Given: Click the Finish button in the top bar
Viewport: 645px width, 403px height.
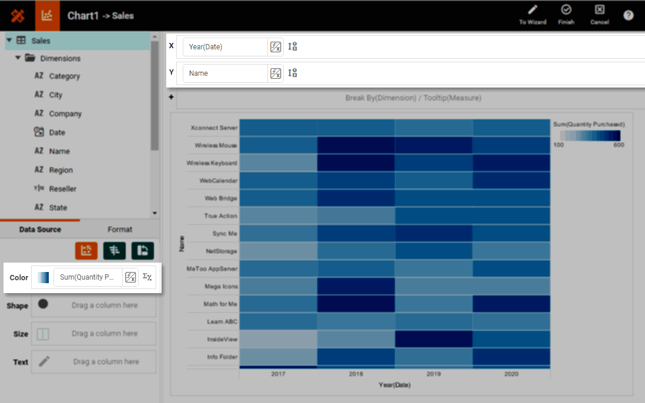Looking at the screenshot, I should (x=566, y=14).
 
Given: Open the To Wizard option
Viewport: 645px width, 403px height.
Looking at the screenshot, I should (x=532, y=14).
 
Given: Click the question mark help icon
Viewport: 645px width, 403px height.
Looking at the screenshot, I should (x=628, y=15).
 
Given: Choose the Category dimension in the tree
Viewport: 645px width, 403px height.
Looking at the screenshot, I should (x=64, y=76).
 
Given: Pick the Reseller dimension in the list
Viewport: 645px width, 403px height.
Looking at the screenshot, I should (x=62, y=189).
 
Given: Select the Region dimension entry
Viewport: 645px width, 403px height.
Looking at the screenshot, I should (x=61, y=170).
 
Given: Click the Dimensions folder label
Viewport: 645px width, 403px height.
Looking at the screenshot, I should (x=60, y=59).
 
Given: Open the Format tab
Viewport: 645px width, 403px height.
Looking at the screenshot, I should (x=120, y=230).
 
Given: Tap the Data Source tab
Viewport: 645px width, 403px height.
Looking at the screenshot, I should (x=40, y=230).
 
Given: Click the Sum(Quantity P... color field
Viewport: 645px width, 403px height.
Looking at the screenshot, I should (x=88, y=277).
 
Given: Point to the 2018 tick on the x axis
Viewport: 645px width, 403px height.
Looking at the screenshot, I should (x=356, y=374).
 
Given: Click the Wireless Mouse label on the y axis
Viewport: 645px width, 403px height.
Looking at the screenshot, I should (x=216, y=145).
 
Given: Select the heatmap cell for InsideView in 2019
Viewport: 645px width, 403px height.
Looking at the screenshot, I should (x=434, y=339).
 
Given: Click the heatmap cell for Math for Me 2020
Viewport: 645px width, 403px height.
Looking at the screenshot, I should (x=511, y=304).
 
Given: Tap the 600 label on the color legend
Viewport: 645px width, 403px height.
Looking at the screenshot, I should (x=619, y=145).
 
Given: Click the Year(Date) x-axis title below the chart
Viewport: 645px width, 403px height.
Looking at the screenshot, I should (x=395, y=385).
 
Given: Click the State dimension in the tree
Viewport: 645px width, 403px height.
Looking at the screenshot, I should (x=58, y=208).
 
